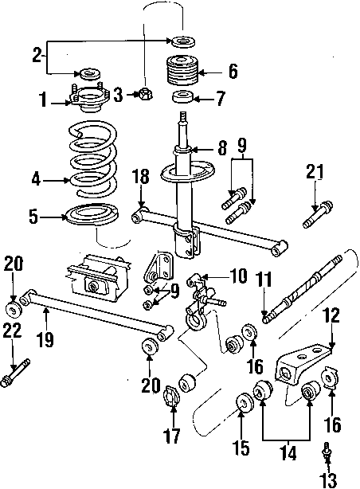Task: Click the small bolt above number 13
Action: (327, 452)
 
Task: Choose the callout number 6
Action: (233, 72)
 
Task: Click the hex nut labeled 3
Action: (144, 96)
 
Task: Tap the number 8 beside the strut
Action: (222, 148)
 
